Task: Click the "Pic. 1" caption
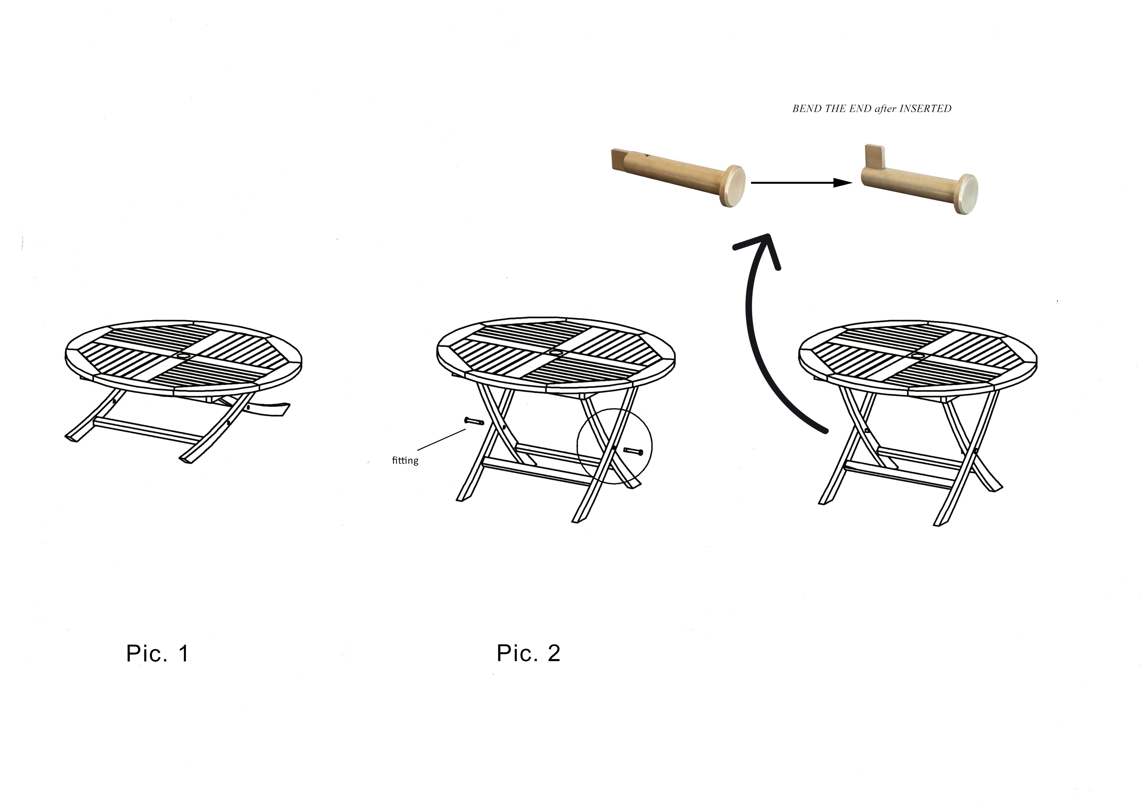tap(157, 653)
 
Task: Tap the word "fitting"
tap(405, 460)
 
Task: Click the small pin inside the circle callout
tap(633, 452)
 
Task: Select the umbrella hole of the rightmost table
tap(917, 356)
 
